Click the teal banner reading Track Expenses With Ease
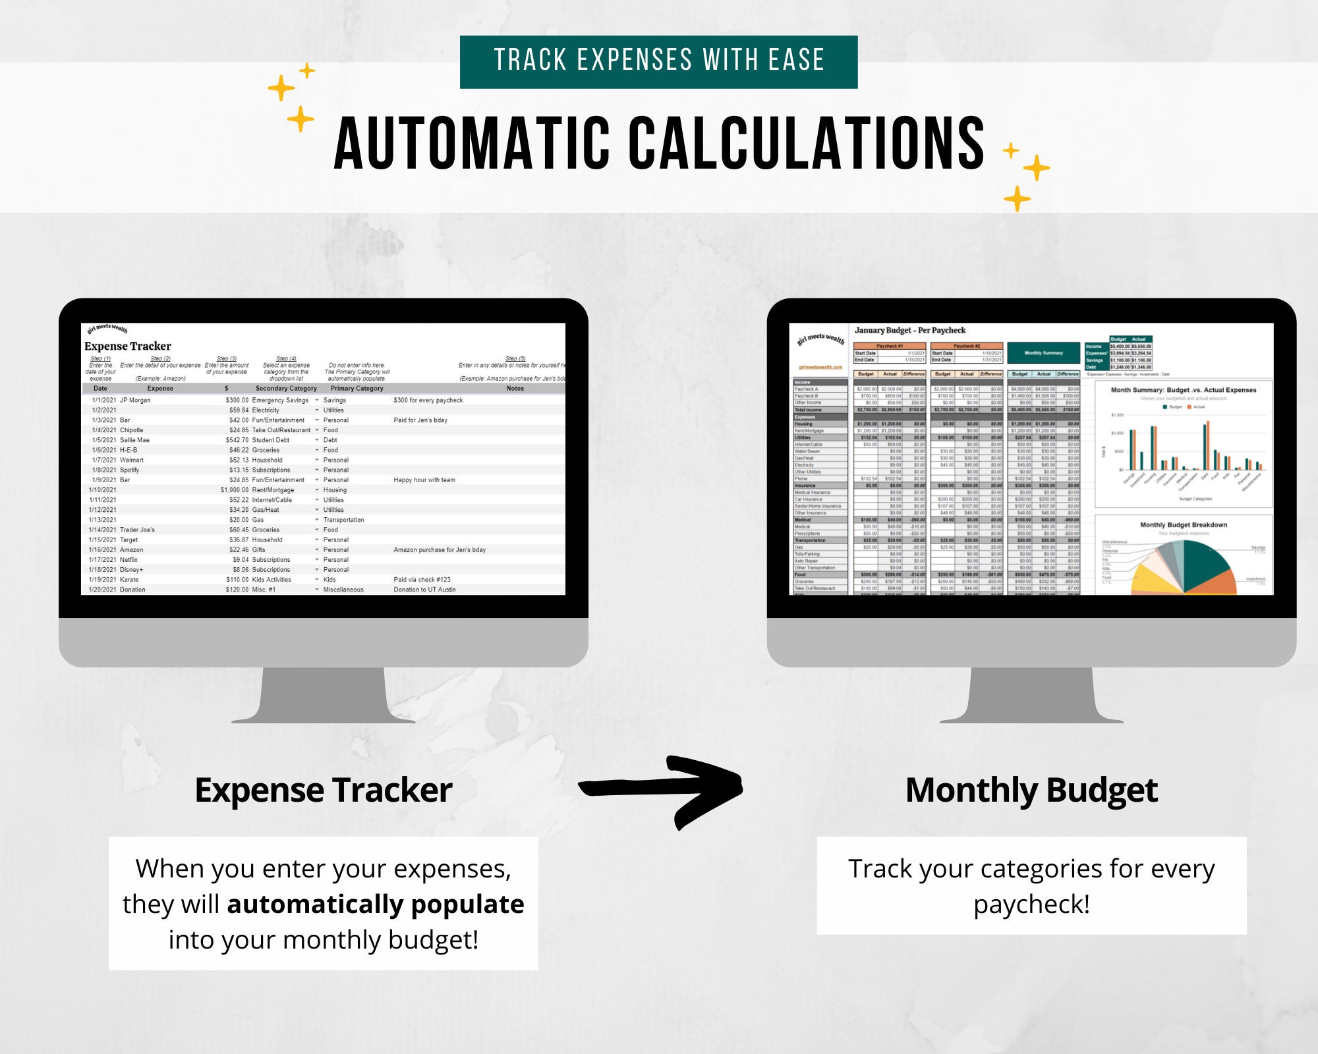tap(658, 61)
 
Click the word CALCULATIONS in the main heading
tap(806, 144)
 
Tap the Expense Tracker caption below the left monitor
tap(323, 790)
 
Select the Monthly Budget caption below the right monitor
tap(1031, 790)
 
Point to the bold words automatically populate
tap(376, 904)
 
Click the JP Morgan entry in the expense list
tap(135, 400)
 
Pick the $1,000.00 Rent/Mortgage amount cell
tap(235, 489)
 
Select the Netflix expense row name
tap(129, 559)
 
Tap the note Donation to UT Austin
tap(424, 590)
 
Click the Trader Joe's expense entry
tap(137, 530)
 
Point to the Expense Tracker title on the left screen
tap(128, 347)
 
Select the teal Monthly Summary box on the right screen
tap(1043, 353)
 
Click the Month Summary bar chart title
tap(1184, 390)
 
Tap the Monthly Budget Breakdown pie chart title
tap(1184, 525)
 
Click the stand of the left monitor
tap(323, 695)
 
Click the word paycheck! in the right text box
tap(1031, 904)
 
